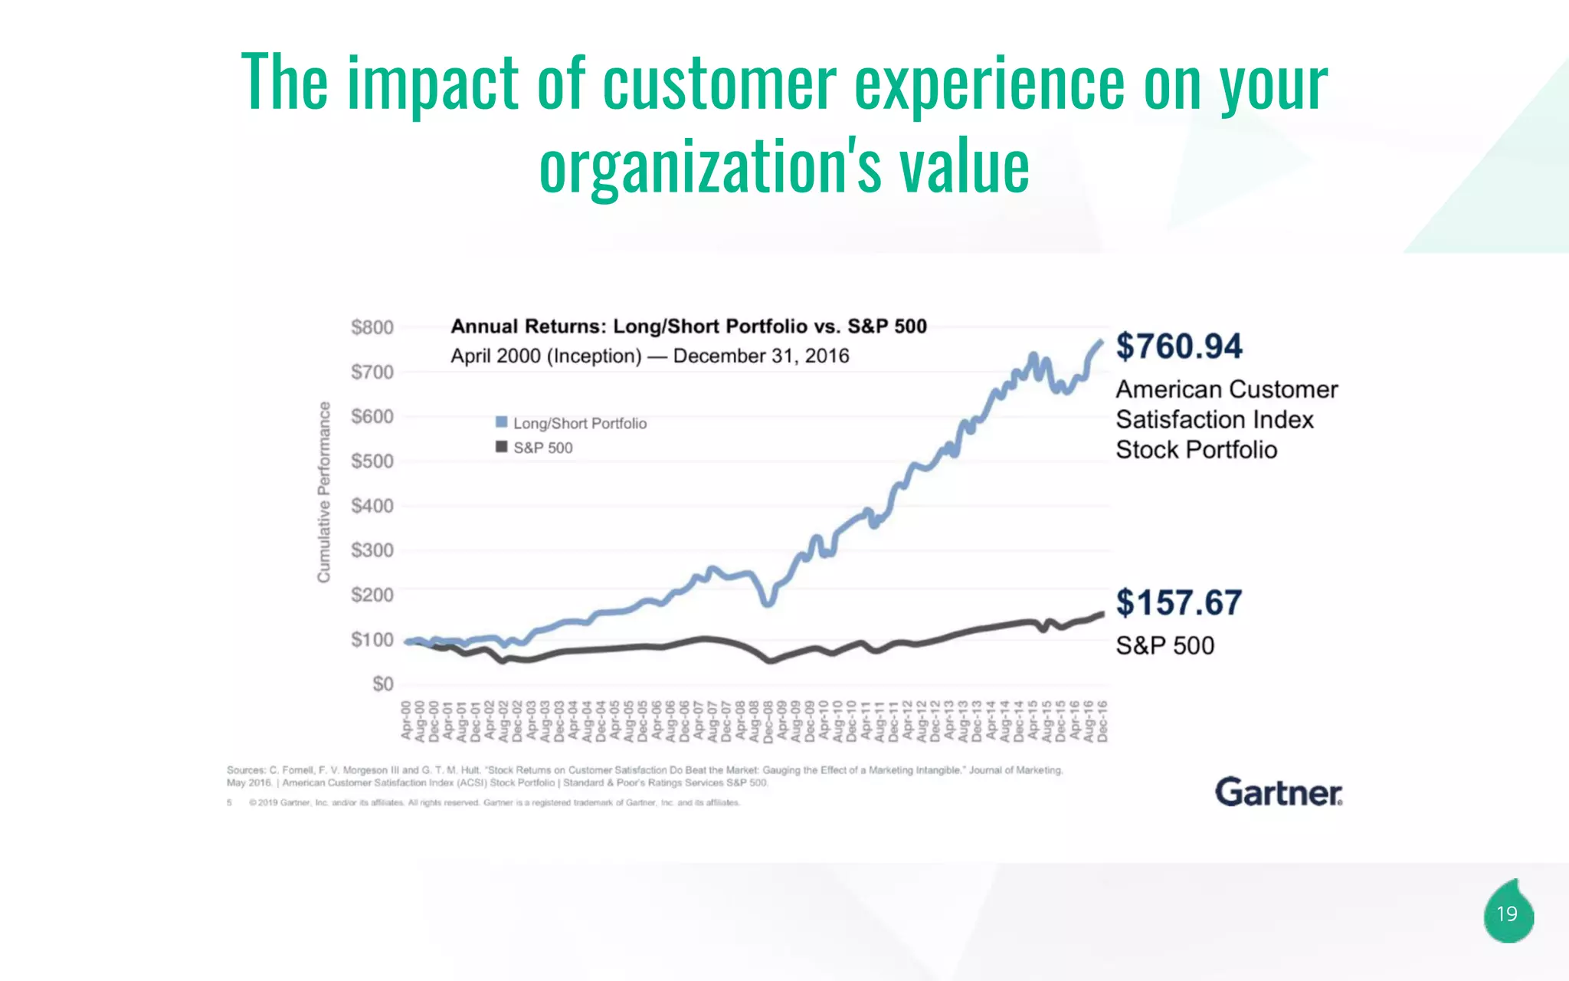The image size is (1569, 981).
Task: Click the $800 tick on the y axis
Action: point(372,328)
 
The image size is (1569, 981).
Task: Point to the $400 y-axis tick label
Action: point(372,506)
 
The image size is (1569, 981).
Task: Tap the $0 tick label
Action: point(382,684)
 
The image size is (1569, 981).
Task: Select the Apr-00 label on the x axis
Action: point(406,720)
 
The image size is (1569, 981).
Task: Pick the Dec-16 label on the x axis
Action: point(1102,721)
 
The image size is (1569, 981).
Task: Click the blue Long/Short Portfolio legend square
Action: point(502,422)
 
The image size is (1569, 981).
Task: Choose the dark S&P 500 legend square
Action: point(502,447)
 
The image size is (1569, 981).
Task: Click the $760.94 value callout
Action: point(1178,346)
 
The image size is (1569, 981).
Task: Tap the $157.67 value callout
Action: point(1178,602)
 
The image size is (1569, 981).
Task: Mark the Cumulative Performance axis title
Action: point(324,491)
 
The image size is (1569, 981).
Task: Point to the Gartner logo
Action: point(1279,792)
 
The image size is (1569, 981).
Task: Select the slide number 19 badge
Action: point(1507,914)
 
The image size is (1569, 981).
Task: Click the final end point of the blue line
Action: point(1102,342)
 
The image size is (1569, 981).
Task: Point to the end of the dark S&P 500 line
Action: point(1102,614)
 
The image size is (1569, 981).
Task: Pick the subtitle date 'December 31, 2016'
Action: point(761,356)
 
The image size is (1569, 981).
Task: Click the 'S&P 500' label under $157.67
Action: point(1164,645)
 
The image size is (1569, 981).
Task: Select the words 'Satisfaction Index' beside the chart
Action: point(1214,420)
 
